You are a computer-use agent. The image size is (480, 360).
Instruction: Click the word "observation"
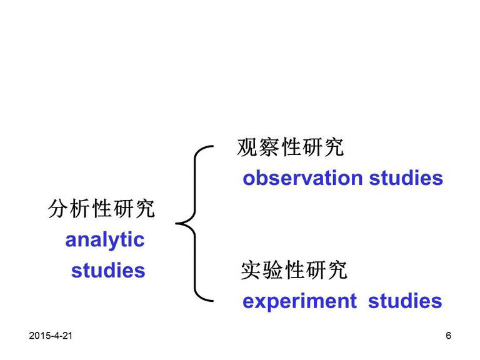point(302,178)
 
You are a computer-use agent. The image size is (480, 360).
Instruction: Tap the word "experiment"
point(300,301)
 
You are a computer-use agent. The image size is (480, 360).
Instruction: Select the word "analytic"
point(105,241)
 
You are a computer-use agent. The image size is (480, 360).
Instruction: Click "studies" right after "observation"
point(406,178)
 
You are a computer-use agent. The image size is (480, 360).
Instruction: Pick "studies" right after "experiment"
point(405,301)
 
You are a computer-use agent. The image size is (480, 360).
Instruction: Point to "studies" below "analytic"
point(108,270)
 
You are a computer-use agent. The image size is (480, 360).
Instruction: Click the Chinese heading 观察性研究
point(291,147)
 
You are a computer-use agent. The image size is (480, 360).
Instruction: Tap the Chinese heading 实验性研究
point(294,270)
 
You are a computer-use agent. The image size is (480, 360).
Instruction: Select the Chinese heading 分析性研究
point(101,209)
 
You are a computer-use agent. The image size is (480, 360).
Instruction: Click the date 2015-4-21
point(51,336)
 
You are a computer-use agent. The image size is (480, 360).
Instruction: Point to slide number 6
point(449,336)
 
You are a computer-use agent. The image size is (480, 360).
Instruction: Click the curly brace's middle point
point(176,224)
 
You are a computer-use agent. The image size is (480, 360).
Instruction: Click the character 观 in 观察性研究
point(247,147)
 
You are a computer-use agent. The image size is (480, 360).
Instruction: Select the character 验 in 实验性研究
point(272,270)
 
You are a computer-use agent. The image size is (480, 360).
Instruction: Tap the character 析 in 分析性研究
point(80,209)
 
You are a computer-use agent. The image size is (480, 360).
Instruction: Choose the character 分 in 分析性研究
point(58,209)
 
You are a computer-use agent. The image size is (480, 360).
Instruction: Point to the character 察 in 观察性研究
point(269,147)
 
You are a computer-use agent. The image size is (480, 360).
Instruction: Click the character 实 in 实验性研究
point(251,270)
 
